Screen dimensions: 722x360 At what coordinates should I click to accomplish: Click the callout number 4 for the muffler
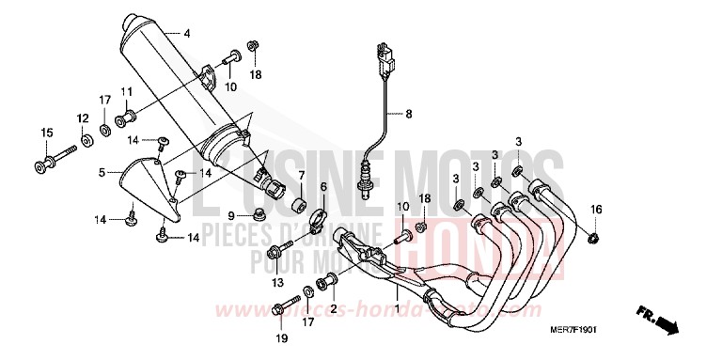click(186, 34)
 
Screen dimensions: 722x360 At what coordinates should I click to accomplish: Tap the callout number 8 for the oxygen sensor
click(409, 114)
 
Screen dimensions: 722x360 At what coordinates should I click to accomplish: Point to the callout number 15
click(44, 133)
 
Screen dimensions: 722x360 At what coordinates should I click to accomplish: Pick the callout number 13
click(276, 282)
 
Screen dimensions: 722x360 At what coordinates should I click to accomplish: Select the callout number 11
click(124, 90)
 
